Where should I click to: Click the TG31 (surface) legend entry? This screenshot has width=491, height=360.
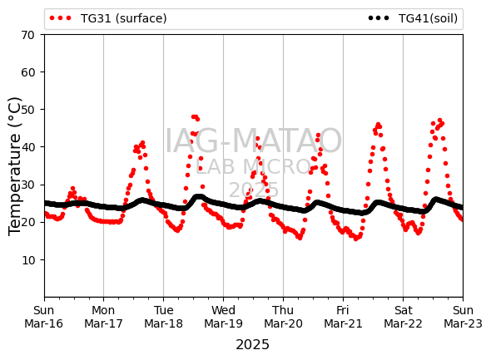tap(108, 18)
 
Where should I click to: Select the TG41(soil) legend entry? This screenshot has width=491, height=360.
tap(413, 18)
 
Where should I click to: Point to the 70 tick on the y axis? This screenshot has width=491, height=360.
tap(27, 35)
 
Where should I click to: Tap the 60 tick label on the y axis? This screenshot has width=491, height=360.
tap(27, 72)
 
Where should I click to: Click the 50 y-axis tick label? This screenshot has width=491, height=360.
tap(27, 110)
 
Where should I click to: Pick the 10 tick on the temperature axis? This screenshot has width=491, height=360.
tap(27, 260)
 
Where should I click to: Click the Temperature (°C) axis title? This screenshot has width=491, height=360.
tap(15, 166)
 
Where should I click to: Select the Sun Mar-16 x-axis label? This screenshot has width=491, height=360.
tap(44, 317)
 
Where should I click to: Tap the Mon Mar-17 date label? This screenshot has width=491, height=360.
tap(103, 317)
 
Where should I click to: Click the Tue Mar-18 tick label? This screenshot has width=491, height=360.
tap(163, 317)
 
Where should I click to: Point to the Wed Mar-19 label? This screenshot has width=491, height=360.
tap(223, 317)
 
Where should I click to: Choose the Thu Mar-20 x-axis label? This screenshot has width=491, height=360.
tap(283, 317)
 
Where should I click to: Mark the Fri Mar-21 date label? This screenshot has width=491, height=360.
tap(343, 317)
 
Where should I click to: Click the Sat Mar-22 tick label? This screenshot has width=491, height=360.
tap(403, 317)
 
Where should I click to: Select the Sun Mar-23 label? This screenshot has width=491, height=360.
tap(463, 317)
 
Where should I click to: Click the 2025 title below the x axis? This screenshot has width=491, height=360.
tap(252, 345)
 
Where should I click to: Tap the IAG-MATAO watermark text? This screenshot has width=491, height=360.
tap(253, 141)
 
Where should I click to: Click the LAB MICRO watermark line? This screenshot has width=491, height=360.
tap(253, 167)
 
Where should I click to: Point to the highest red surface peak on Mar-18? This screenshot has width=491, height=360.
tap(194, 116)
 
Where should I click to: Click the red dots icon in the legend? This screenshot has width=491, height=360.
tap(61, 18)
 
